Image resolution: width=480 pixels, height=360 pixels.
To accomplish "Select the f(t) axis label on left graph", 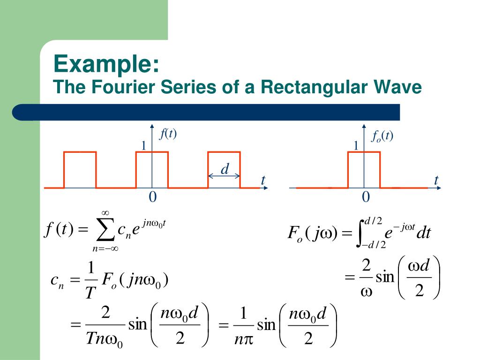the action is pyautogui.click(x=168, y=134).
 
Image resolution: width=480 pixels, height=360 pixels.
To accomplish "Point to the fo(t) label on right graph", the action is pyautogui.click(x=382, y=136).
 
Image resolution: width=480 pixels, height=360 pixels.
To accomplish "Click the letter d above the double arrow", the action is pyautogui.click(x=225, y=169).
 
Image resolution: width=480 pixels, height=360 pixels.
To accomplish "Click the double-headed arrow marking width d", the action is pyautogui.click(x=224, y=176).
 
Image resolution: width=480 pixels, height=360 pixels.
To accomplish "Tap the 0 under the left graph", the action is pyautogui.click(x=152, y=197).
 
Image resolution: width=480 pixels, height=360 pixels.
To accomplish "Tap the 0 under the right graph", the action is pyautogui.click(x=366, y=197).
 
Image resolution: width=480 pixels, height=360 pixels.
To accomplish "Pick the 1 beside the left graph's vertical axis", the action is pyautogui.click(x=144, y=146).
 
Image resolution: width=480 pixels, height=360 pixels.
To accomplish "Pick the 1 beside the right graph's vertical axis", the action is pyautogui.click(x=356, y=146).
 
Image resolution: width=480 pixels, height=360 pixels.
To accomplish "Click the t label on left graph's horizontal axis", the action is pyautogui.click(x=263, y=180).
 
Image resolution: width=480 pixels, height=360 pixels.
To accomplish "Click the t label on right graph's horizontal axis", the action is pyautogui.click(x=436, y=180).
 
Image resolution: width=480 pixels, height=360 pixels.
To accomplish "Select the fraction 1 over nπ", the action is pyautogui.click(x=243, y=325).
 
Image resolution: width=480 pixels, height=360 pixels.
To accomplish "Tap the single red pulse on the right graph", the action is pyautogui.click(x=364, y=169).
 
